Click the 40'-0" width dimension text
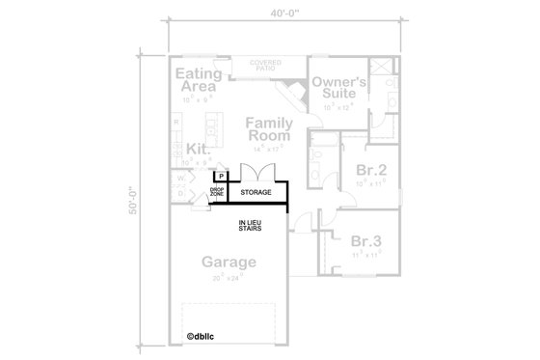[285, 13]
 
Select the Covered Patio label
[265, 66]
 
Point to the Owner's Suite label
[338, 90]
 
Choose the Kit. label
[199, 149]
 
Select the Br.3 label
[366, 241]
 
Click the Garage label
[229, 262]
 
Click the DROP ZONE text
[217, 193]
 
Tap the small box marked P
[220, 176]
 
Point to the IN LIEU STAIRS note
[255, 228]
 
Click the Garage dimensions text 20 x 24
[229, 278]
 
